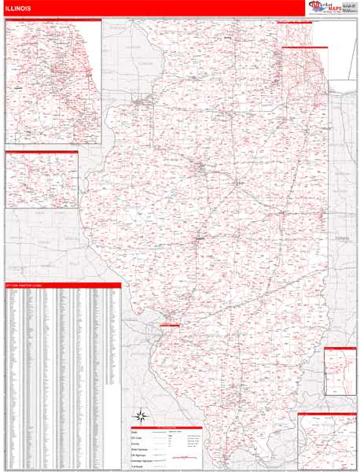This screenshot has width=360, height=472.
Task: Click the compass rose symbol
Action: (140, 417)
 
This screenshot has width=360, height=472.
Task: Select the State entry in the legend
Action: (136, 432)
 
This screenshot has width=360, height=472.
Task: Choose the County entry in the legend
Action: (137, 444)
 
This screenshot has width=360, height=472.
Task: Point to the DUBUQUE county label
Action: (118, 27)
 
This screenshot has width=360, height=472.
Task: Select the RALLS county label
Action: (75, 264)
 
